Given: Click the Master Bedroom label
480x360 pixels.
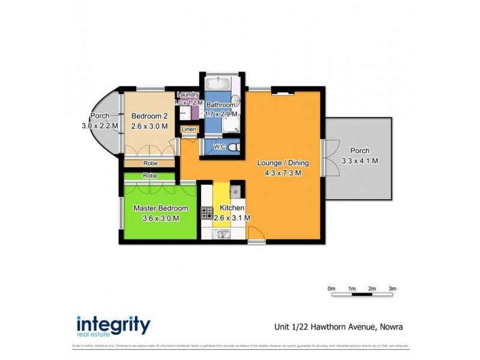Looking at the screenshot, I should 160,208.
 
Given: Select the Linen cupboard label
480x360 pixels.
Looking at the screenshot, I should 188,130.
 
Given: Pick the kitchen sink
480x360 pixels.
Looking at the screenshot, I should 223,234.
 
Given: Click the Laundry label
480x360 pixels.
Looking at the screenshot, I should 188,95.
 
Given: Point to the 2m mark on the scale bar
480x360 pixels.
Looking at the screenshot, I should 372,289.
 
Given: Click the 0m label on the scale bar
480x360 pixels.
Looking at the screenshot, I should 331,289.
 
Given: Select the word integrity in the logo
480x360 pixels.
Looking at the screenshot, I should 113,324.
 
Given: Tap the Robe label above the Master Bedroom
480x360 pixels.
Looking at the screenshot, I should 149,175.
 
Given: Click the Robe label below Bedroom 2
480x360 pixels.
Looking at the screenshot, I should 149,163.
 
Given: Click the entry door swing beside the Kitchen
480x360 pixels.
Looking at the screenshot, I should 254,235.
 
